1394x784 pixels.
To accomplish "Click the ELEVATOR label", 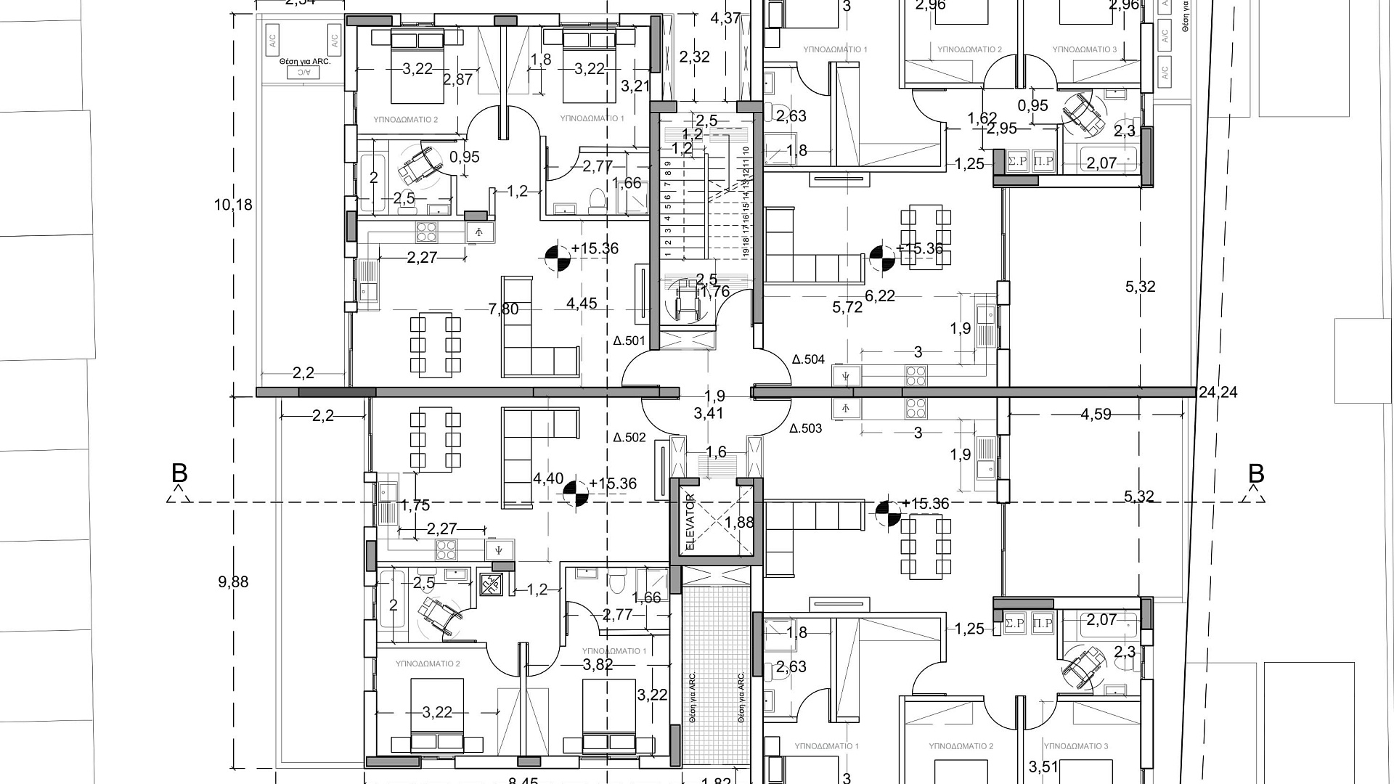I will pos(690,521).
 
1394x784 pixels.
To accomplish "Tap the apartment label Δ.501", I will pos(629,340).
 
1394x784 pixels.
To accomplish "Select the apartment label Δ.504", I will pos(808,359).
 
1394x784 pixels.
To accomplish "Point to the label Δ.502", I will pos(629,438).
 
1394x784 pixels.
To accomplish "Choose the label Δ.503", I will pos(806,428).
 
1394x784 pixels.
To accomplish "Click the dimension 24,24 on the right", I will pos(1218,393).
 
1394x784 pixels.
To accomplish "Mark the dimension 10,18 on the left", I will pos(233,205).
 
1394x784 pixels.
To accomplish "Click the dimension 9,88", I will pos(233,581).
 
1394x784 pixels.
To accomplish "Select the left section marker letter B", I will pos(179,474).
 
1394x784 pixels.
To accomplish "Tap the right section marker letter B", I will pos(1256,474).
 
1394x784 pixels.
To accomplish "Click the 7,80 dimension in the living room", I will pos(504,309).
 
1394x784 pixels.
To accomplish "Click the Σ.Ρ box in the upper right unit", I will pos(1017,161).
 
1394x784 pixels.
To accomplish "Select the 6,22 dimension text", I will pos(880,295).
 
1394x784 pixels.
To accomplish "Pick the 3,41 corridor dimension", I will pos(709,414).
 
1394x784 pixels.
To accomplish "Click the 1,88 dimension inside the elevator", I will pos(739,522).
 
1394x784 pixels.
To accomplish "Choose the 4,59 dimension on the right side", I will pos(1096,415).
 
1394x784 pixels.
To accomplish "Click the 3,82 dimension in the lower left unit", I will pos(598,664).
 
